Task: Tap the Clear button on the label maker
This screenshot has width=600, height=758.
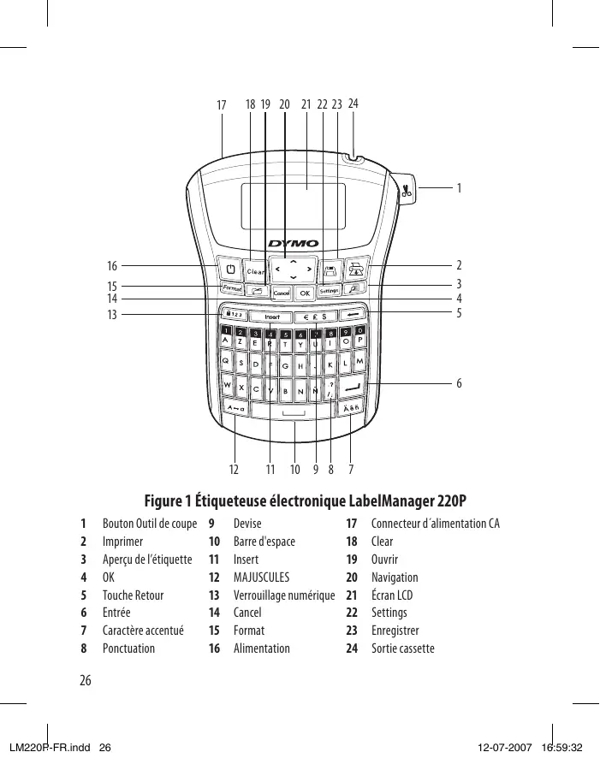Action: (255, 271)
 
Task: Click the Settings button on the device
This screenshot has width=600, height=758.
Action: (330, 292)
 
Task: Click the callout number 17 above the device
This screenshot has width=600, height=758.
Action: (222, 105)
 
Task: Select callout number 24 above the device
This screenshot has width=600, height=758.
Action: (353, 103)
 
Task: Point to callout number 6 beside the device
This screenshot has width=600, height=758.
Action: (460, 383)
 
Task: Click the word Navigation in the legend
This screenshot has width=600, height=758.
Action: (395, 577)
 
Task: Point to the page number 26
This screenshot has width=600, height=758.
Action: (85, 681)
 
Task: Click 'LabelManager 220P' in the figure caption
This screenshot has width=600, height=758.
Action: (405, 500)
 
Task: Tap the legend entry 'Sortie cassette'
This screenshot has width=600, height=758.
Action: (402, 648)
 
